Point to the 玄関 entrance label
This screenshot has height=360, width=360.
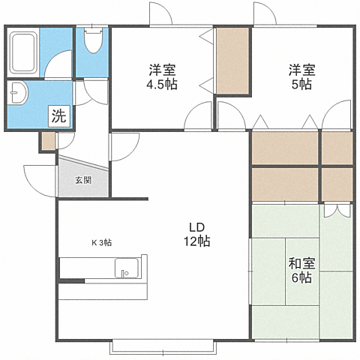tap(83, 180)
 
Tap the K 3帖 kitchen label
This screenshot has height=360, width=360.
tap(102, 242)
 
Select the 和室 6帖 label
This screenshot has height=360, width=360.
tap(300, 270)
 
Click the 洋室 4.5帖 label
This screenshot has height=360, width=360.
tap(162, 77)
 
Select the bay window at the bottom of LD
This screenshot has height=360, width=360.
tap(163, 347)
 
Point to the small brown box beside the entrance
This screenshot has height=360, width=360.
tap(48, 141)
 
